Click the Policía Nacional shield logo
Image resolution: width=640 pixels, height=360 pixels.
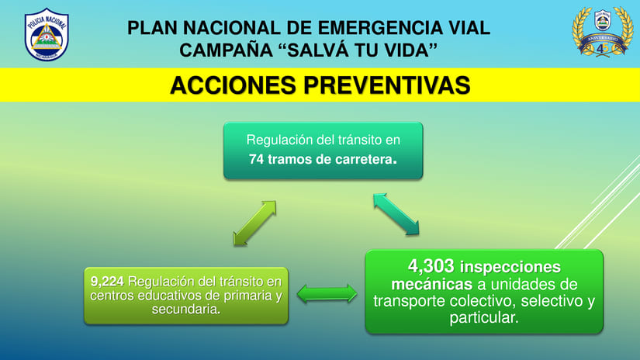point(47,34)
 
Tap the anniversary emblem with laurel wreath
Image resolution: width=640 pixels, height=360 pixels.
point(602,32)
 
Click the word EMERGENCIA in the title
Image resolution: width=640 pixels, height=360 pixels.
point(367,29)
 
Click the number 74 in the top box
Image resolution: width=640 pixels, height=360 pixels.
point(257,159)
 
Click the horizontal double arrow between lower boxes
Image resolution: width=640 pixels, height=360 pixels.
point(327,294)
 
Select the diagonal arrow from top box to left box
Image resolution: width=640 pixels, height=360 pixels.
point(254,223)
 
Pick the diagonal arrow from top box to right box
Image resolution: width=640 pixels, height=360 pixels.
point(396,213)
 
